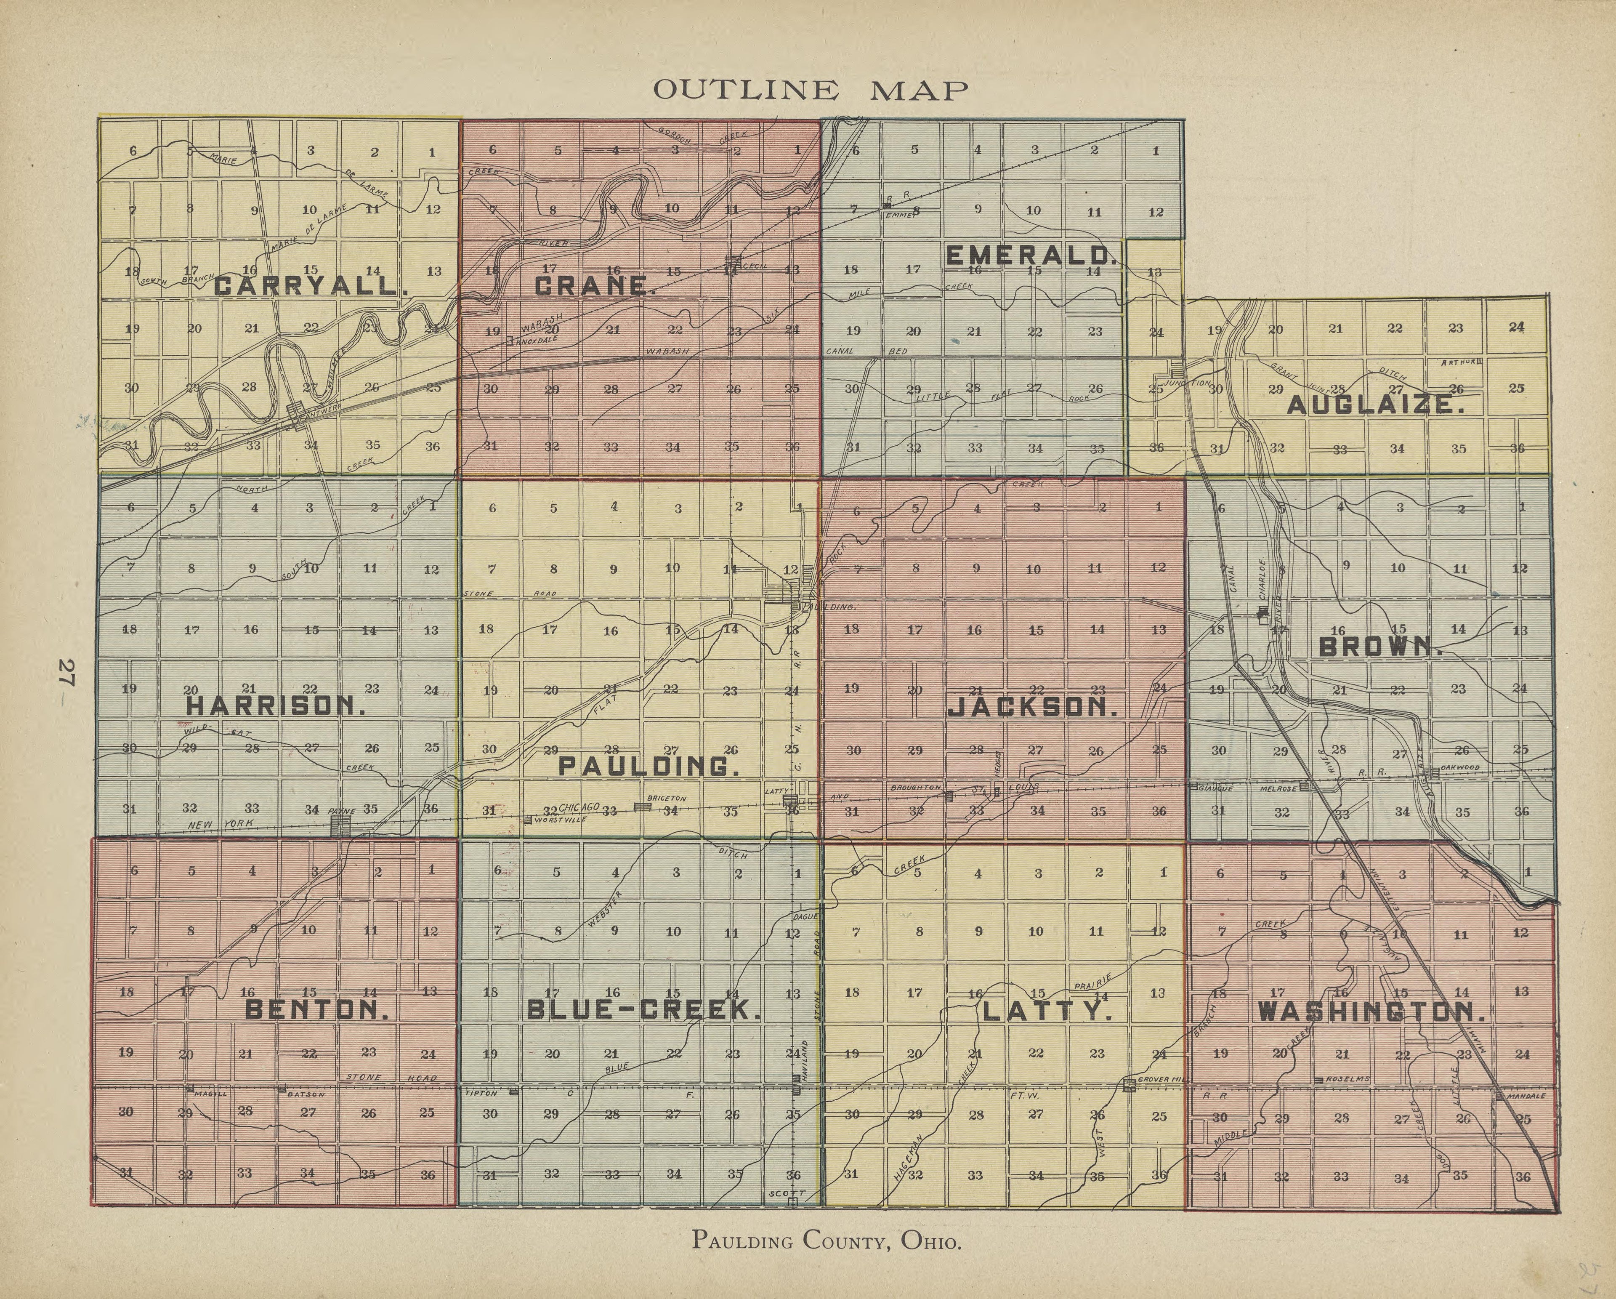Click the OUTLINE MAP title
tap(810, 91)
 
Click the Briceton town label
tap(666, 798)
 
